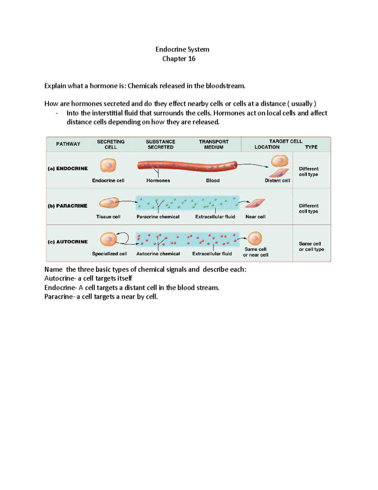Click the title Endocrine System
pyautogui.click(x=182, y=49)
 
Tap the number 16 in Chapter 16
pyautogui.click(x=192, y=59)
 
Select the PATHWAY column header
pyautogui.click(x=68, y=144)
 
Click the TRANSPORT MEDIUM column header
pyautogui.click(x=214, y=144)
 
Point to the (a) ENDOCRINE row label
pyautogui.click(x=68, y=168)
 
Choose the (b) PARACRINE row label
pyautogui.click(x=67, y=206)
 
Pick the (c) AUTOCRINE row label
pyautogui.click(x=68, y=242)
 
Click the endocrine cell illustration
pyautogui.click(x=108, y=165)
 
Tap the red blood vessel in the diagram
pyautogui.click(x=187, y=166)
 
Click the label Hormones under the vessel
pyautogui.click(x=158, y=180)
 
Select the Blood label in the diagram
pyautogui.click(x=213, y=180)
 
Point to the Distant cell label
pyautogui.click(x=277, y=180)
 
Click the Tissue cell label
pyautogui.click(x=108, y=217)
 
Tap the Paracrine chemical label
pyautogui.click(x=158, y=217)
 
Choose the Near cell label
pyautogui.click(x=255, y=217)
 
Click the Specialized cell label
pyautogui.click(x=109, y=254)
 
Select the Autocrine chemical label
pyautogui.click(x=158, y=254)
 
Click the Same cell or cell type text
pyautogui.click(x=311, y=246)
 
